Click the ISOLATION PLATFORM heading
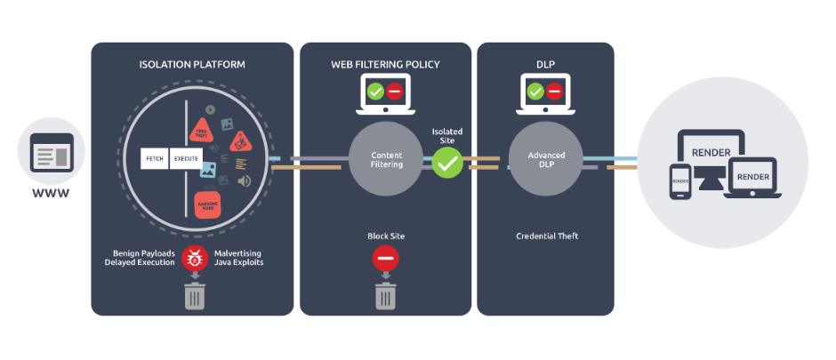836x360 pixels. (x=192, y=65)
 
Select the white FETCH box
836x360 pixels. (x=155, y=160)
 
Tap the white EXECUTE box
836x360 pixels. (x=187, y=160)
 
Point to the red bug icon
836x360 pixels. (x=195, y=258)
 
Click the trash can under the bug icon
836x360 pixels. (x=195, y=295)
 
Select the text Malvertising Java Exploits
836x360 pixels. (x=239, y=257)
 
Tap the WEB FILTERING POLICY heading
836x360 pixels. (x=386, y=65)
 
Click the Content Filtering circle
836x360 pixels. (x=386, y=160)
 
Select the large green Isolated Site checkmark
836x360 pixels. (x=447, y=162)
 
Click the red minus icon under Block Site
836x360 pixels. (x=386, y=259)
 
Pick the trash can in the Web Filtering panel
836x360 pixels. (x=386, y=295)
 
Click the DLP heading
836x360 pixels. (x=545, y=65)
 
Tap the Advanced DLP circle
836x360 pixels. (x=546, y=160)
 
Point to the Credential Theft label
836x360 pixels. (x=546, y=236)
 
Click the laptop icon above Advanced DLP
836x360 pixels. (x=544, y=92)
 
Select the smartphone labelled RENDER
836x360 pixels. (x=680, y=181)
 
